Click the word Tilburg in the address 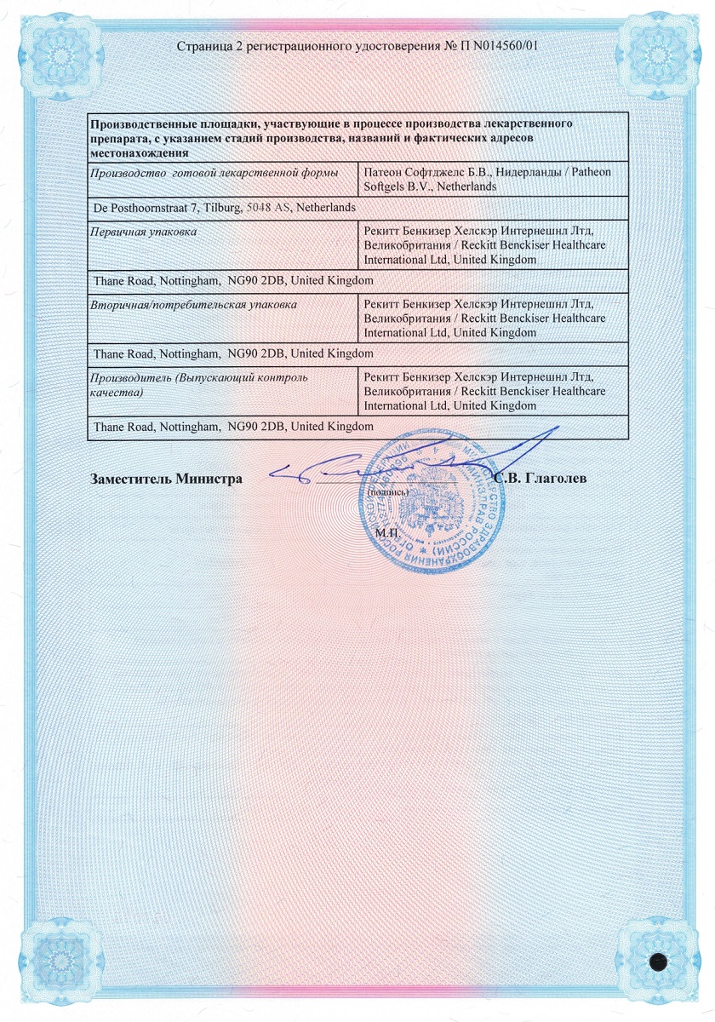(x=222, y=207)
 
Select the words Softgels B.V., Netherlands (x=430, y=186)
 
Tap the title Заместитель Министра (x=166, y=479)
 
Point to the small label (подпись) (x=388, y=492)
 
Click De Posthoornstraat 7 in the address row (x=146, y=207)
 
